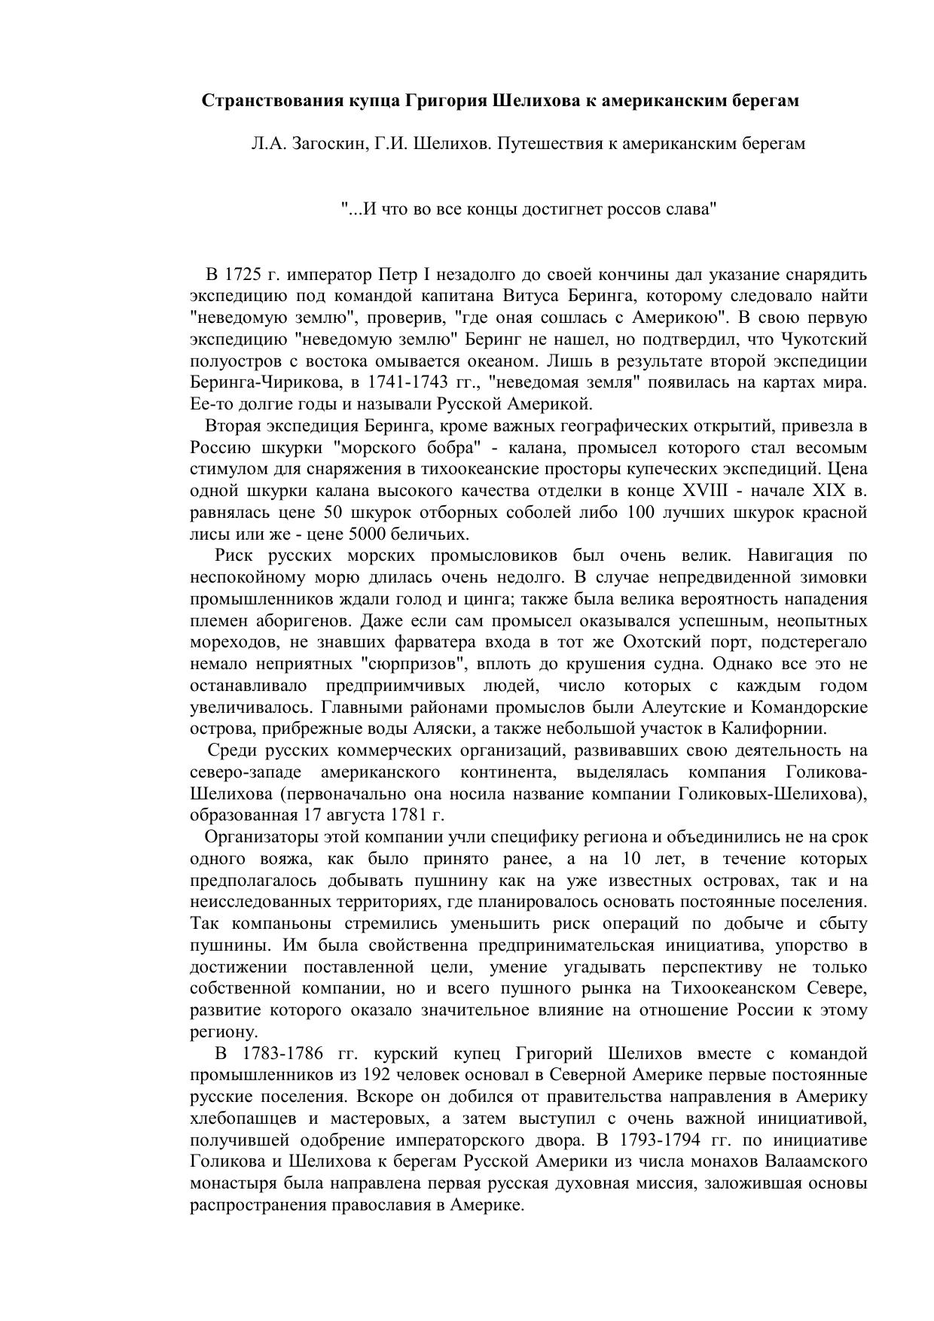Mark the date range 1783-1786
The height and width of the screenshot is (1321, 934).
[282, 1052]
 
